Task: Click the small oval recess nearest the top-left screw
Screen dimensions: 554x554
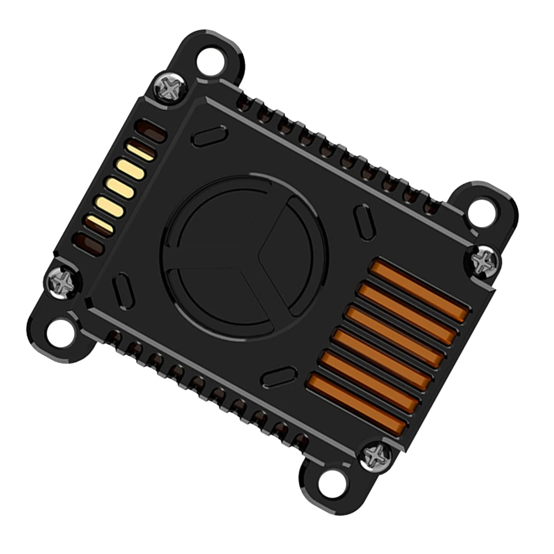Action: click(x=209, y=136)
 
